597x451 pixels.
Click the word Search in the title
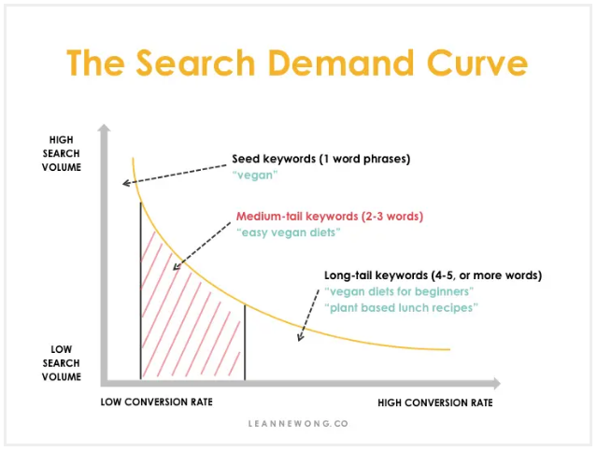tap(195, 63)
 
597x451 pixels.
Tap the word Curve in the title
tap(477, 63)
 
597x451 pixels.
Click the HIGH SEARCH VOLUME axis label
tap(62, 153)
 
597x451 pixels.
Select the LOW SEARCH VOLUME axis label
tap(62, 363)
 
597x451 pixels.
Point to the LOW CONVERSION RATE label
tap(156, 402)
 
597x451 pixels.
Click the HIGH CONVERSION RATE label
tap(435, 402)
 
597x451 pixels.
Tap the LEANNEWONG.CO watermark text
tap(298, 424)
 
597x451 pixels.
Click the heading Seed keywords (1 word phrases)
tap(321, 159)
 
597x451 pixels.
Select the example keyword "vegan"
tap(255, 175)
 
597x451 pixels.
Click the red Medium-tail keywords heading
tap(330, 217)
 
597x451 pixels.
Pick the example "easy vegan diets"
tap(288, 233)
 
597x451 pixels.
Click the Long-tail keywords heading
tap(433, 275)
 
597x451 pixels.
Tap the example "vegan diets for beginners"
tap(399, 291)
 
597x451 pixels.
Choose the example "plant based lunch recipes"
tap(402, 307)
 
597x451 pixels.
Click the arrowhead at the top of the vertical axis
tap(104, 128)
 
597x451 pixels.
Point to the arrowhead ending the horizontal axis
tap(497, 384)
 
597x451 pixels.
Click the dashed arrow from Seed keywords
tap(174, 175)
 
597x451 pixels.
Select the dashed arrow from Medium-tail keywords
tap(202, 247)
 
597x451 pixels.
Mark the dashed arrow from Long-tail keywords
tap(308, 315)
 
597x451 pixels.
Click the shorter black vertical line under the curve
tap(245, 342)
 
